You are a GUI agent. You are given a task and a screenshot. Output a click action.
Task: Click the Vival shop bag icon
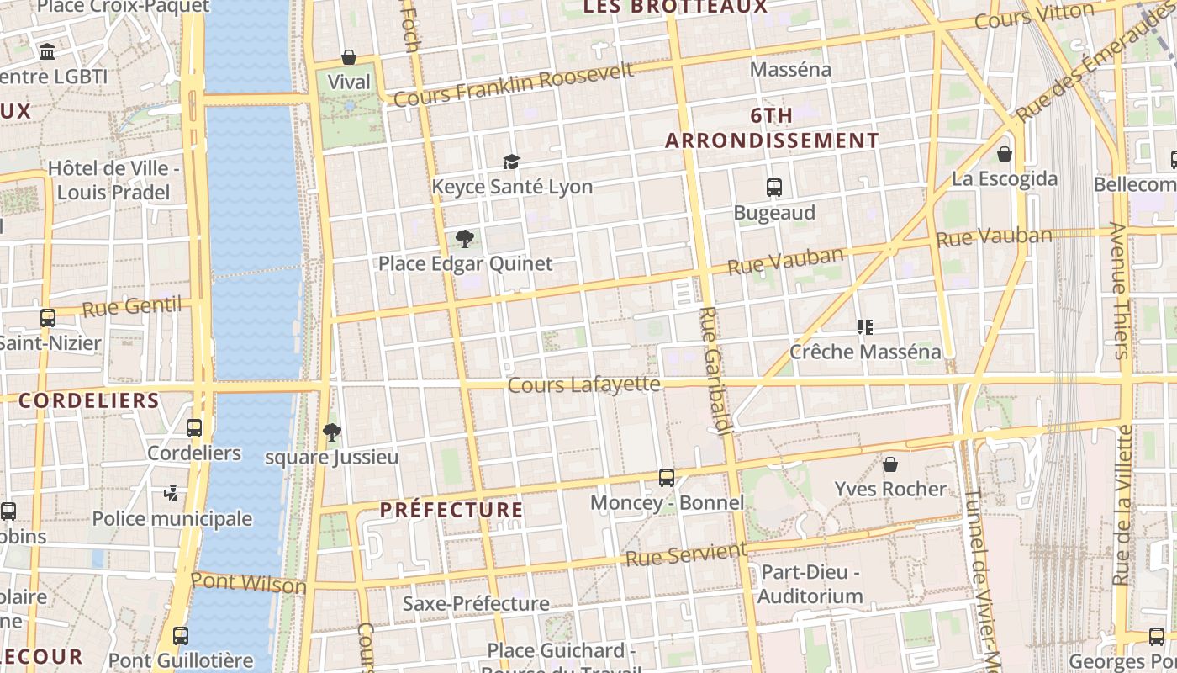pyautogui.click(x=349, y=57)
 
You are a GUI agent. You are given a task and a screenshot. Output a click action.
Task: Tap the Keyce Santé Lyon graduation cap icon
pyautogui.click(x=511, y=162)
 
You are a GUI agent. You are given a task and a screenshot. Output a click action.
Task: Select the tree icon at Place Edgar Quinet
pyautogui.click(x=464, y=238)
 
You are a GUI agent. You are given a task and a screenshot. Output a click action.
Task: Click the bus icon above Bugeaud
pyautogui.click(x=774, y=188)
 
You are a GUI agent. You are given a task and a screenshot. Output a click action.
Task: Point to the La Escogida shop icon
pyautogui.click(x=1004, y=154)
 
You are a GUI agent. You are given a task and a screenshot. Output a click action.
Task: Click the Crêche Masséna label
pyautogui.click(x=865, y=352)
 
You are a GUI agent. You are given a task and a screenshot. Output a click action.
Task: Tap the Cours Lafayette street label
pyautogui.click(x=584, y=384)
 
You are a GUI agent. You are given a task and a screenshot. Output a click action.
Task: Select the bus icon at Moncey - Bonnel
pyautogui.click(x=667, y=478)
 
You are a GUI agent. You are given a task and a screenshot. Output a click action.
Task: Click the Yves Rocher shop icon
pyautogui.click(x=890, y=464)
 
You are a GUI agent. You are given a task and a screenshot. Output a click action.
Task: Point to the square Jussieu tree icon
pyautogui.click(x=332, y=432)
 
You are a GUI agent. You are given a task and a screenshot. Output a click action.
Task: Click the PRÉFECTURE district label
pyautogui.click(x=451, y=510)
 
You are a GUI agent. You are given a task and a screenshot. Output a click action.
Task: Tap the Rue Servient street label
pyautogui.click(x=686, y=555)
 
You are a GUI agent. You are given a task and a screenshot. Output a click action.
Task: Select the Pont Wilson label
pyautogui.click(x=248, y=582)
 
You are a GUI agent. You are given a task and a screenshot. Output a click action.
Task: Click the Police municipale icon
pyautogui.click(x=172, y=494)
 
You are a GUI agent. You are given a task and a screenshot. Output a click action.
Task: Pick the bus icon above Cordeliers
pyautogui.click(x=194, y=427)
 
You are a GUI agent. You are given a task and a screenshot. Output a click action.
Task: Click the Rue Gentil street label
pyautogui.click(x=132, y=307)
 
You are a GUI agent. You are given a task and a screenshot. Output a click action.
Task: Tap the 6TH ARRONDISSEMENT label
pyautogui.click(x=772, y=128)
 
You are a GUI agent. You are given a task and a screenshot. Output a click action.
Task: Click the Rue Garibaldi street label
pyautogui.click(x=713, y=370)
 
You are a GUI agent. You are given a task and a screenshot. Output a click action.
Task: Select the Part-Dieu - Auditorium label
pyautogui.click(x=810, y=585)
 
